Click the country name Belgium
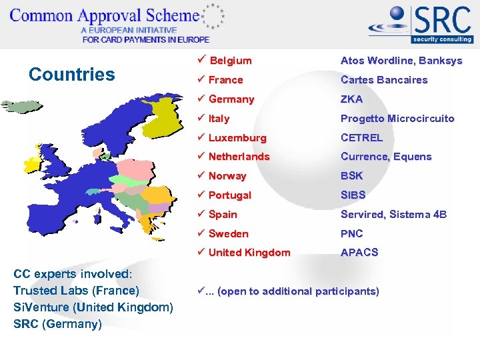pyautogui.click(x=231, y=61)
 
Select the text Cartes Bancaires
pyautogui.click(x=384, y=80)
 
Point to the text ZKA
pyautogui.click(x=352, y=99)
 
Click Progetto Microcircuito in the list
pyautogui.click(x=397, y=119)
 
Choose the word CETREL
pyautogui.click(x=362, y=138)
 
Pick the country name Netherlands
pyautogui.click(x=239, y=157)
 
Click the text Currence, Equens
pyautogui.click(x=386, y=157)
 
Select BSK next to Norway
pyautogui.click(x=352, y=176)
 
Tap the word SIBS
pyautogui.click(x=353, y=195)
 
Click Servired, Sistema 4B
pyautogui.click(x=393, y=215)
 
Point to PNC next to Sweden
pyautogui.click(x=352, y=234)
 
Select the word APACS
pyautogui.click(x=359, y=253)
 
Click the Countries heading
pyautogui.click(x=72, y=74)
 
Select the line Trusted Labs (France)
pyautogui.click(x=76, y=291)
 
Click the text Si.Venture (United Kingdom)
pyautogui.click(x=93, y=307)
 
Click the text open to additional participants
pyautogui.click(x=297, y=291)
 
